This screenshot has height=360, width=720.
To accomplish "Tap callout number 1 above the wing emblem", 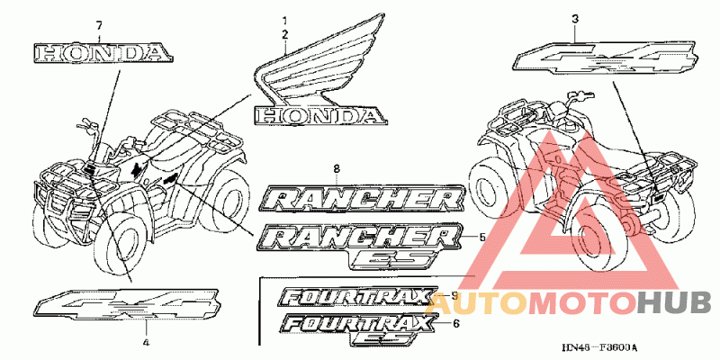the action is (x=284, y=20).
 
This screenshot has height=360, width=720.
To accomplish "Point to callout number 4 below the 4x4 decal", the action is (x=146, y=343).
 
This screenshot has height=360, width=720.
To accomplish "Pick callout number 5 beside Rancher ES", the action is (x=481, y=238).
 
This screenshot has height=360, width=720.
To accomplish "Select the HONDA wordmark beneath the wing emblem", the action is (x=319, y=114).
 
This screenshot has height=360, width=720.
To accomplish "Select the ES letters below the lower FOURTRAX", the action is (x=376, y=338).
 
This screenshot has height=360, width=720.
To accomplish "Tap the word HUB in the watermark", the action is (x=674, y=302).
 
